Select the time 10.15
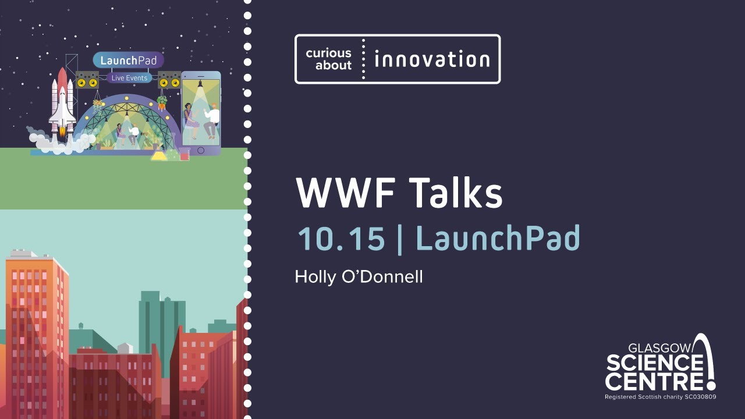[x=341, y=239]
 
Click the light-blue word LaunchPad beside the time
[x=498, y=239]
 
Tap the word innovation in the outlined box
[x=432, y=59]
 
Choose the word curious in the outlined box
[x=329, y=54]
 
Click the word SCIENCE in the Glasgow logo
[x=654, y=364]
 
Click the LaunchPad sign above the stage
[x=128, y=61]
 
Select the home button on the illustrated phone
[x=201, y=150]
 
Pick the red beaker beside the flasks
[x=185, y=155]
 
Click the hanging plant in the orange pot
[x=162, y=104]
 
